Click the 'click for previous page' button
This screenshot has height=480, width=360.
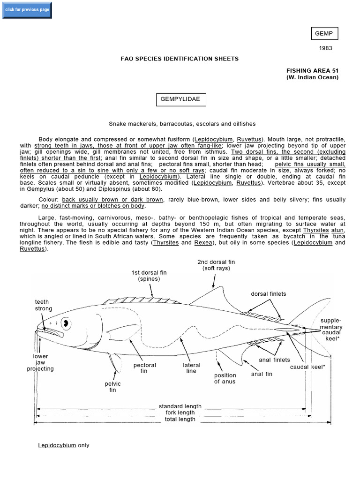[27, 10]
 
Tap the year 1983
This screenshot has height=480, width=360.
[326, 48]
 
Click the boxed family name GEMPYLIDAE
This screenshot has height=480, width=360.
[180, 99]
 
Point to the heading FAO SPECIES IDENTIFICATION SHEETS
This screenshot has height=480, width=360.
[180, 59]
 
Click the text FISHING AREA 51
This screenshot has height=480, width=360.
[312, 70]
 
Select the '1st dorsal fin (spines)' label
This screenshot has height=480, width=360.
[149, 276]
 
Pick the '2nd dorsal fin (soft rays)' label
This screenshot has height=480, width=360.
[216, 265]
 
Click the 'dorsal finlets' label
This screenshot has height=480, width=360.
[268, 294]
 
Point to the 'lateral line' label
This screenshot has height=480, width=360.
[191, 368]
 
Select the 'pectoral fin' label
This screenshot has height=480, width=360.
[144, 368]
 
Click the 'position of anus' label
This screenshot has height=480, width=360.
[225, 378]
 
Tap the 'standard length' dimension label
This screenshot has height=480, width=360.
[180, 406]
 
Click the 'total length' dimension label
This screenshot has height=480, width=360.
[180, 419]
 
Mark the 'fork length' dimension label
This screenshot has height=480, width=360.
[180, 413]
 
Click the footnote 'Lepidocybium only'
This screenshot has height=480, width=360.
[63, 445]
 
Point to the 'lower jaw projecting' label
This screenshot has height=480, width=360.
[40, 362]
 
